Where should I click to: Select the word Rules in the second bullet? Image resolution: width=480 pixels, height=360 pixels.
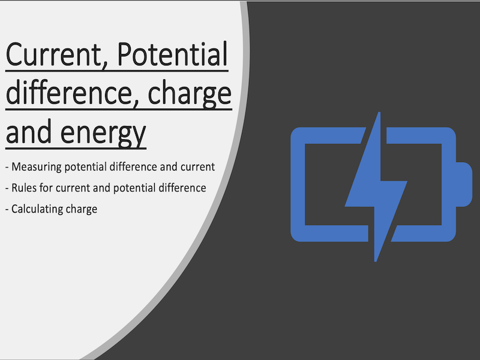click(x=25, y=188)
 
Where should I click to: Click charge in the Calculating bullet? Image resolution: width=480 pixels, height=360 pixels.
click(x=82, y=209)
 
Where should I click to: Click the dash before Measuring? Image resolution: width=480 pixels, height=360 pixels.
click(x=7, y=167)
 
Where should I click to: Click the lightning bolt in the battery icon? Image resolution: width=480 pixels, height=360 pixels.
click(x=376, y=186)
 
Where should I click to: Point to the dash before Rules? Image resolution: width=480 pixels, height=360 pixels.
click(x=7, y=188)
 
